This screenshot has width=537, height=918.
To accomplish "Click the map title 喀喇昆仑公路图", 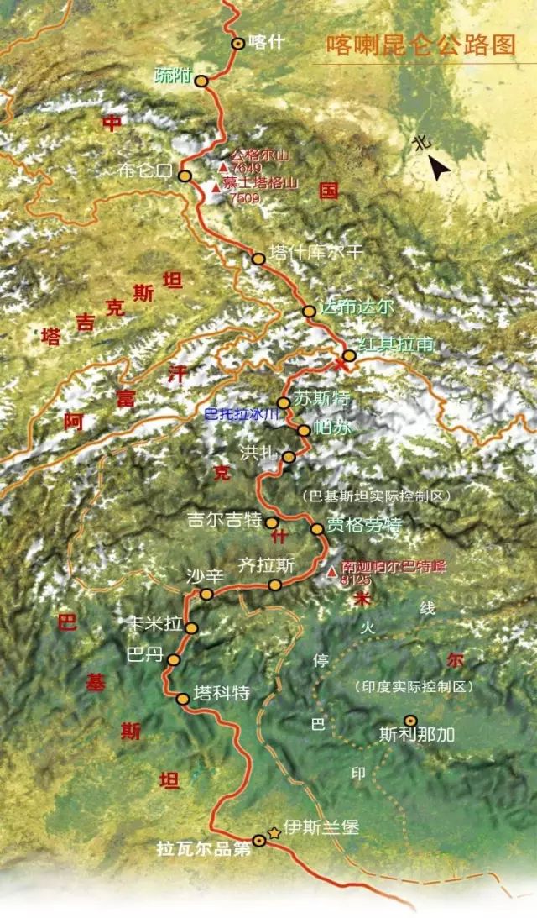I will coord(420,45).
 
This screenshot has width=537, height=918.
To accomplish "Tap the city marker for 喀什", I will coord(238,44).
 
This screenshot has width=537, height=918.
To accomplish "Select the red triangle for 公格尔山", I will coord(223,166).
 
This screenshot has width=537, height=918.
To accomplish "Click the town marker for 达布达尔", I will coord(309,312).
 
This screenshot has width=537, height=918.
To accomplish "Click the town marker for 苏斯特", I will coord(284,403).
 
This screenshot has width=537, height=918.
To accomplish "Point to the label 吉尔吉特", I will coord(224,521).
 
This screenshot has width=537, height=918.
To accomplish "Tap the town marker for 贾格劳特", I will coord(317,529).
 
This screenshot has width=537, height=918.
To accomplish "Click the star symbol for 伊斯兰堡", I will coord(274,832).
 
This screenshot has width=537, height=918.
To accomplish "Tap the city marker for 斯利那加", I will coord(410,720).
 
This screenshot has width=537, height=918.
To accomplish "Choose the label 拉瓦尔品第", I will coord(204,849).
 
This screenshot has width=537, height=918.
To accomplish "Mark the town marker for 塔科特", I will coord(183,699).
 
